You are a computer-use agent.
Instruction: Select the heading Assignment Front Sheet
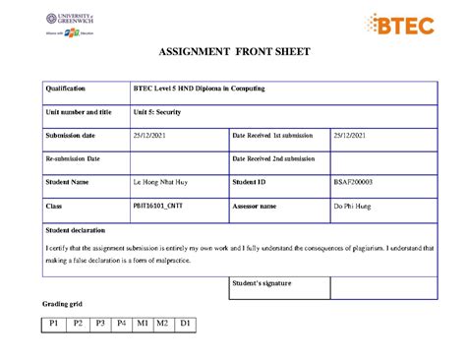233,52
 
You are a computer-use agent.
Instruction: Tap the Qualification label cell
66,90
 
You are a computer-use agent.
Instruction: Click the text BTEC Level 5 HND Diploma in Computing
200,90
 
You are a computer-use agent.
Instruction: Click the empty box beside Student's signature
383,287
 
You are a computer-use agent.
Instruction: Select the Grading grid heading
62,305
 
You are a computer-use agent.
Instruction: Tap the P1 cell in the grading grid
53,324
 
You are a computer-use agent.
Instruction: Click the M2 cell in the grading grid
163,324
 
